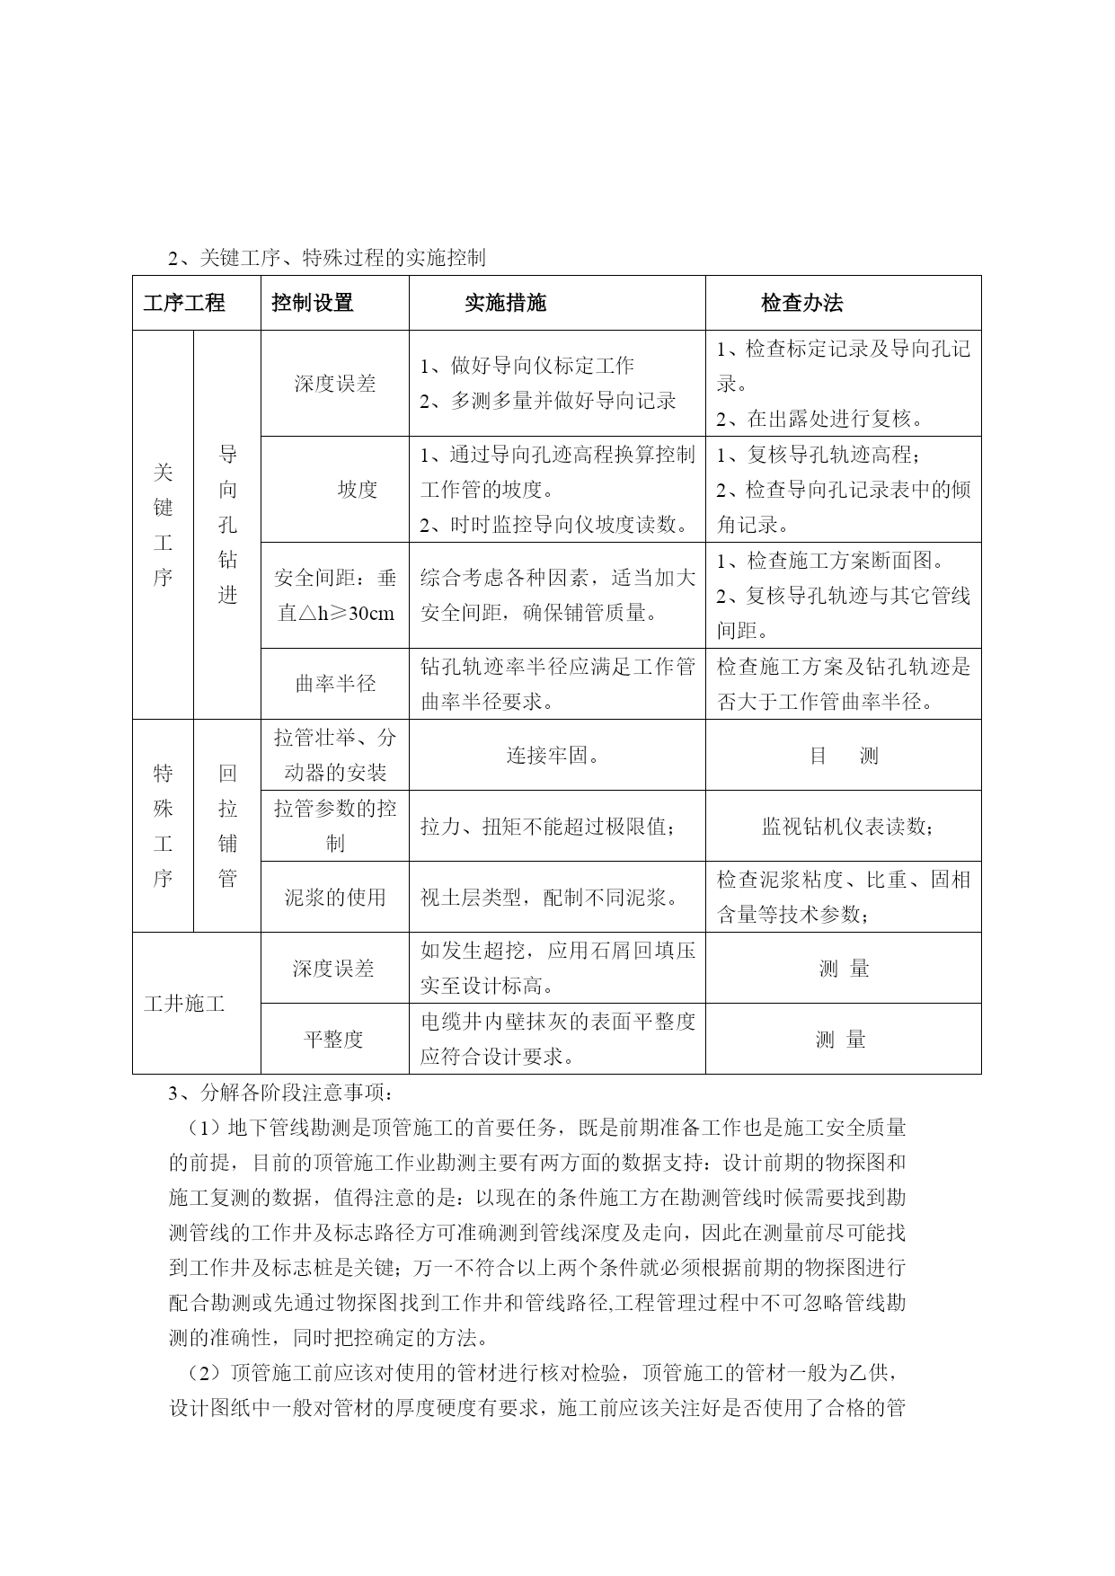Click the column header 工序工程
click(x=184, y=303)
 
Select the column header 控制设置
click(x=313, y=303)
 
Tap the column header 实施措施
click(x=505, y=303)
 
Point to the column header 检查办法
click(x=801, y=303)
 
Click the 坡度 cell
click(x=357, y=490)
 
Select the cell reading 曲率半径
click(x=335, y=684)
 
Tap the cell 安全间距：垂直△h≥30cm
click(x=335, y=596)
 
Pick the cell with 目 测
click(x=843, y=756)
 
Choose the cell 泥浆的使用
click(x=335, y=897)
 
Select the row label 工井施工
click(x=184, y=1004)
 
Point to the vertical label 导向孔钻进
click(x=227, y=525)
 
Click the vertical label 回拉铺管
click(x=227, y=826)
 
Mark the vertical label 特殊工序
click(x=163, y=826)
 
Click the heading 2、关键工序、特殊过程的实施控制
click(x=327, y=258)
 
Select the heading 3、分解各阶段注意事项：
click(x=280, y=1093)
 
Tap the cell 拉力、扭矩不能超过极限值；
click(x=548, y=827)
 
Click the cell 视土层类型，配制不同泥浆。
click(x=549, y=897)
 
